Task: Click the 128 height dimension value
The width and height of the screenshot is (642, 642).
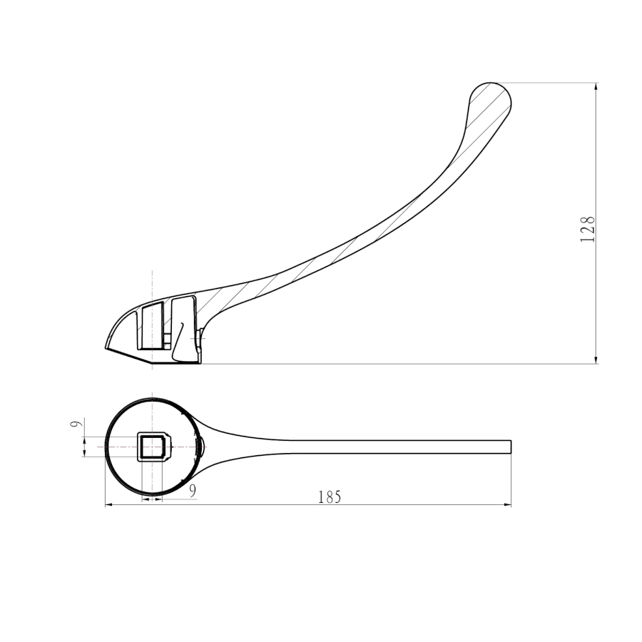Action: tap(588, 229)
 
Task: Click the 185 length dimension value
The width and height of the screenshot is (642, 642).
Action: tap(330, 496)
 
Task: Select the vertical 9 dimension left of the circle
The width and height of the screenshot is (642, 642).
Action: tap(74, 422)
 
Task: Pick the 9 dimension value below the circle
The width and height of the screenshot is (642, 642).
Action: tap(193, 491)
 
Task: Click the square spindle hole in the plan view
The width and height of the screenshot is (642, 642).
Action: tap(153, 446)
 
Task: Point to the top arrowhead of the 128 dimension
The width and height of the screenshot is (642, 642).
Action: tap(596, 87)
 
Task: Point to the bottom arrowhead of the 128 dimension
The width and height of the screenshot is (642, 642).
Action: tap(596, 359)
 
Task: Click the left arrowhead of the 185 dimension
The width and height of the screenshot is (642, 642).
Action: tap(109, 505)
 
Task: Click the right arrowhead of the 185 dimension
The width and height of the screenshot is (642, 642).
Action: tap(508, 505)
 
